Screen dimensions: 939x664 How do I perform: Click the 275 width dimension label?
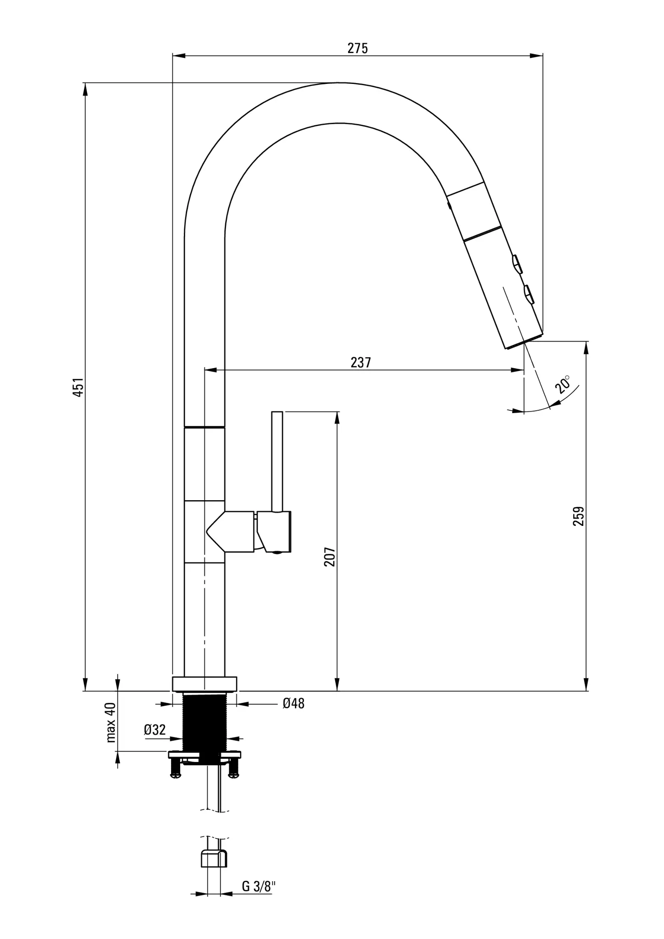pos(358,48)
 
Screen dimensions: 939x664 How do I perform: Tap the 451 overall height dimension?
pos(78,387)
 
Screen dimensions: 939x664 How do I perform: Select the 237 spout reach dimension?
pos(361,362)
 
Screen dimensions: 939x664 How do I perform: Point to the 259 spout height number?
pos(579,516)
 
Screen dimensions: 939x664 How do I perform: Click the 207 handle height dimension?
pos(330,557)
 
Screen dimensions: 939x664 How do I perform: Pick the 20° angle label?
pos(564,384)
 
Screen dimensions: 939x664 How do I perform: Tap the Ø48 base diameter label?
pos(293,703)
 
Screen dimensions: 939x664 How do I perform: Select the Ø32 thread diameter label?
pos(155,729)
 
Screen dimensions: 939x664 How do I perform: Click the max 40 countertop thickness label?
pos(111,722)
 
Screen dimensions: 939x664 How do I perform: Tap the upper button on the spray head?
pos(517,265)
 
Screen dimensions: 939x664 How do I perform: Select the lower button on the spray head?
pos(529,294)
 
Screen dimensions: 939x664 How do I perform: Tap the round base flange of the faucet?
pos(205,684)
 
